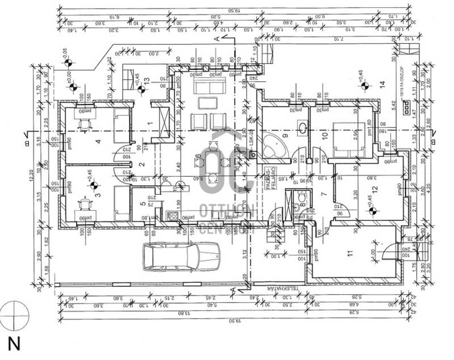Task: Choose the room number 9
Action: point(285,135)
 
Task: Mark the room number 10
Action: point(325,135)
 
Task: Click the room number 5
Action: point(143,204)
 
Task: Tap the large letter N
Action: point(13,343)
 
